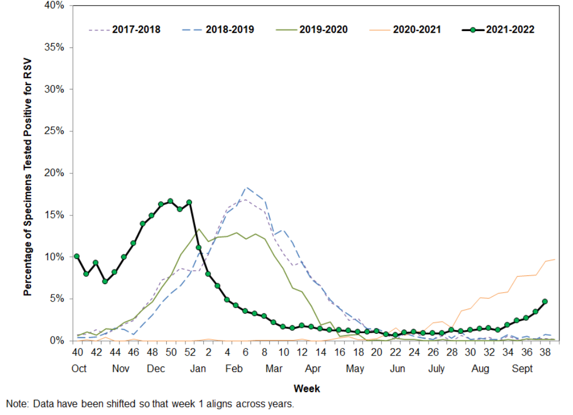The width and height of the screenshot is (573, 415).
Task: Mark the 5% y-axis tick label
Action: point(57,299)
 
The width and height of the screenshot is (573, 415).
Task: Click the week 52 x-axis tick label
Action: point(189,353)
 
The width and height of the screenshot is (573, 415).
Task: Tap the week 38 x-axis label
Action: point(544,353)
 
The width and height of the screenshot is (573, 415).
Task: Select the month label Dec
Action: point(156,369)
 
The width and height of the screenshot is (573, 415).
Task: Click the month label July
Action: point(436,369)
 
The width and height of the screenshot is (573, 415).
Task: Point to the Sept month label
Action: point(522,369)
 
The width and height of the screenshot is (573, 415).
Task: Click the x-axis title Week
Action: point(307,389)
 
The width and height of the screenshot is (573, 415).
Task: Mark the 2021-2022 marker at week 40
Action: point(77,256)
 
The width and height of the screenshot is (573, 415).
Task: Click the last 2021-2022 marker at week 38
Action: point(545,301)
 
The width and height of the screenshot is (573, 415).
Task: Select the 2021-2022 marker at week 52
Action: point(189,202)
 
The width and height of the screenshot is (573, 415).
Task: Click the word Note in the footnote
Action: point(16,404)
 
